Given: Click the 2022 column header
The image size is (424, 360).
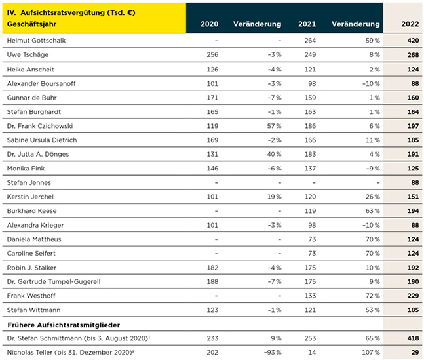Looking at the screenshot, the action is click(x=410, y=24).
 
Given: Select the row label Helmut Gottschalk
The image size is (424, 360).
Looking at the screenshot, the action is click(x=36, y=41).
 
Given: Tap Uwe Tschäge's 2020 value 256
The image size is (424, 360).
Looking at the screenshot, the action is click(x=212, y=54).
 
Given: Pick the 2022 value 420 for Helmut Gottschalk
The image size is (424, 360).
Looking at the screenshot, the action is click(x=413, y=41).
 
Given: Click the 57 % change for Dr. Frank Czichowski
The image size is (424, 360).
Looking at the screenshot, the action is click(x=274, y=126).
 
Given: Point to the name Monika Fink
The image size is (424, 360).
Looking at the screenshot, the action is click(x=26, y=169).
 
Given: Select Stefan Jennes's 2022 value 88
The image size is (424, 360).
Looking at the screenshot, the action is click(x=415, y=183).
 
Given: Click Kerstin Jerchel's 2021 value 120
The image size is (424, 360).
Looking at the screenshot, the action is click(x=310, y=197).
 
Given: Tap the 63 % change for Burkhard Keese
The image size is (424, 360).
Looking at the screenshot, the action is click(x=373, y=211).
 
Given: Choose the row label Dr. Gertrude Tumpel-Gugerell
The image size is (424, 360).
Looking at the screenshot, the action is click(x=54, y=282).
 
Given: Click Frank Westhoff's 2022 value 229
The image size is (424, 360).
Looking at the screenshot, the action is click(x=413, y=296).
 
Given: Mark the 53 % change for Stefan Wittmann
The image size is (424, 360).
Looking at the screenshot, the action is click(x=373, y=310).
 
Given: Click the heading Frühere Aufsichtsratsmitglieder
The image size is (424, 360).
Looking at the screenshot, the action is click(x=64, y=325).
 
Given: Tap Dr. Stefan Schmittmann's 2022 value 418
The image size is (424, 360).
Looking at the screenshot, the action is click(x=413, y=338).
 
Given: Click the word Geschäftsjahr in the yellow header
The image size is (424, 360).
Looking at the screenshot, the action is click(x=31, y=24).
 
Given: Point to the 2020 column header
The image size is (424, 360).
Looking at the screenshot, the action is click(x=209, y=24).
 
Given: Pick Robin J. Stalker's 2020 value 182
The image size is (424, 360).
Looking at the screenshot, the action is click(x=212, y=268).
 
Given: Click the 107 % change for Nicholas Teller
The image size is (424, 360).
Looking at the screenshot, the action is click(x=371, y=352).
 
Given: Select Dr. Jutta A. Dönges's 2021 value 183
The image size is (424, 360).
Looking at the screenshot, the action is click(x=310, y=154).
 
